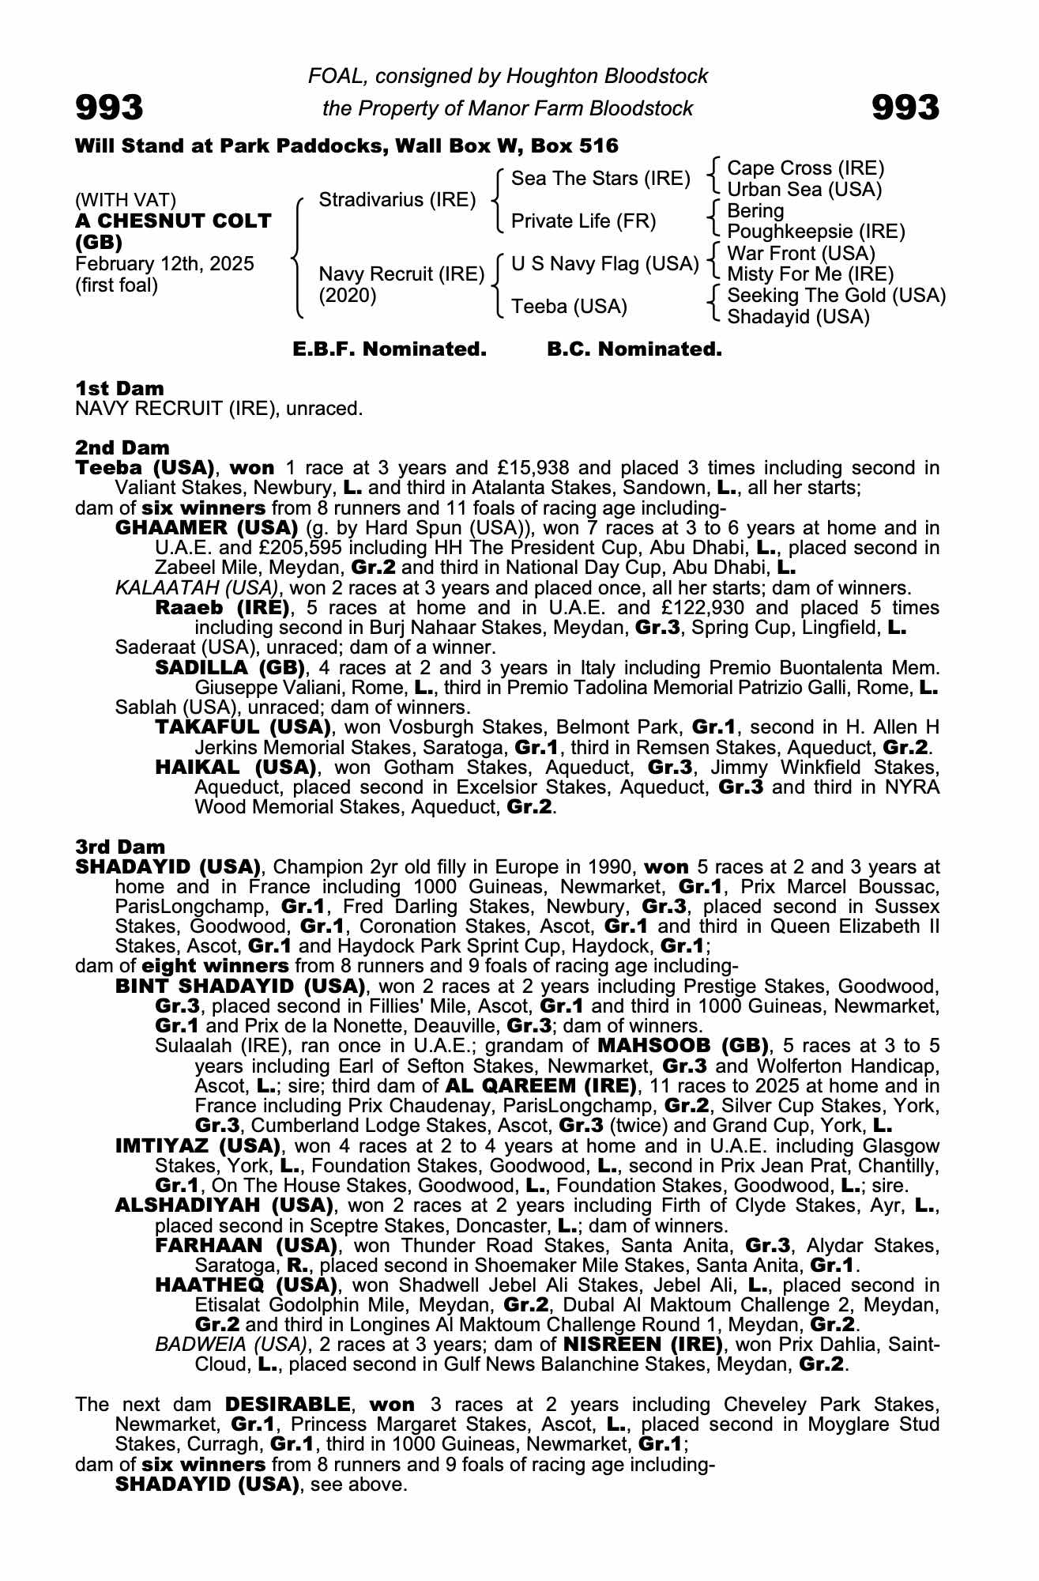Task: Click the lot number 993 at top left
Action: [109, 108]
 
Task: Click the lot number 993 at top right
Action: [905, 108]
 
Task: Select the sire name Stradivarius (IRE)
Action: [397, 200]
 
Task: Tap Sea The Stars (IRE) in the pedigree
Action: [600, 179]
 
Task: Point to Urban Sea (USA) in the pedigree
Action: [804, 190]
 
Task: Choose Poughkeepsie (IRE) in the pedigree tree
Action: [815, 232]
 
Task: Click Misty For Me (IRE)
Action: [810, 274]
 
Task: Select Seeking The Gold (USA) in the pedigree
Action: [836, 296]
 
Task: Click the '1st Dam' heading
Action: [119, 388]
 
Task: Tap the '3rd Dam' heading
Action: [120, 847]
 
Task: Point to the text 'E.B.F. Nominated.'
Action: [390, 349]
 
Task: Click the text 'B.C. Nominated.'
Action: [634, 349]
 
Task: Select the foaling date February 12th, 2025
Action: [164, 264]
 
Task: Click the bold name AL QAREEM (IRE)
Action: [540, 1085]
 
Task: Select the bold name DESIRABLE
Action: [288, 1405]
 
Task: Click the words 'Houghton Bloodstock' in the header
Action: [607, 76]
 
